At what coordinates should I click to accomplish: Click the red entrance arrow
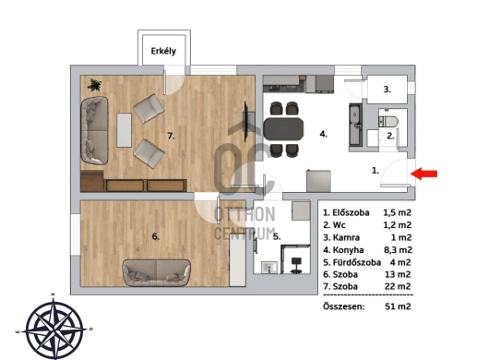pyautogui.click(x=423, y=174)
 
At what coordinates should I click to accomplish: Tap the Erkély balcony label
pyautogui.click(x=163, y=51)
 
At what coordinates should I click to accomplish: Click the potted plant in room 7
pyautogui.click(x=94, y=85)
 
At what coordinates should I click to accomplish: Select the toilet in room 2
pyautogui.click(x=388, y=121)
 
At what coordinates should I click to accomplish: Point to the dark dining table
pyautogui.click(x=283, y=129)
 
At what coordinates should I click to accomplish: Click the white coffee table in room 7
pyautogui.click(x=125, y=130)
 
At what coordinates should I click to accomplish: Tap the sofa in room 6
pyautogui.click(x=156, y=272)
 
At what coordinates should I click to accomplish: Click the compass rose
pyautogui.click(x=54, y=329)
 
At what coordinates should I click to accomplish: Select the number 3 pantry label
pyautogui.click(x=387, y=90)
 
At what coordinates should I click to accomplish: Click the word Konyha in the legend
pyautogui.click(x=348, y=250)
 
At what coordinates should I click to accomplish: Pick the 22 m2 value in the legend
pyautogui.click(x=398, y=286)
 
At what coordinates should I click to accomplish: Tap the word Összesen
pyautogui.click(x=343, y=306)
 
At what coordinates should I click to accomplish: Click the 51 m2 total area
pyautogui.click(x=398, y=306)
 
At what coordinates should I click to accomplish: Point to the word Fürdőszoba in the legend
pyautogui.click(x=357, y=262)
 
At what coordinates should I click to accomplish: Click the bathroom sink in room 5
pyautogui.click(x=269, y=268)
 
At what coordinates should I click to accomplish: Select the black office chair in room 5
pyautogui.click(x=296, y=266)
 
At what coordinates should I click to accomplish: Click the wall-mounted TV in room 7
pyautogui.click(x=245, y=121)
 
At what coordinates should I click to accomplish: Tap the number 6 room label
pyautogui.click(x=156, y=237)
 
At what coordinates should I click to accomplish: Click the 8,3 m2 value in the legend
pyautogui.click(x=398, y=250)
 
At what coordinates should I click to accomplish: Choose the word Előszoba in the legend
pyautogui.click(x=351, y=212)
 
